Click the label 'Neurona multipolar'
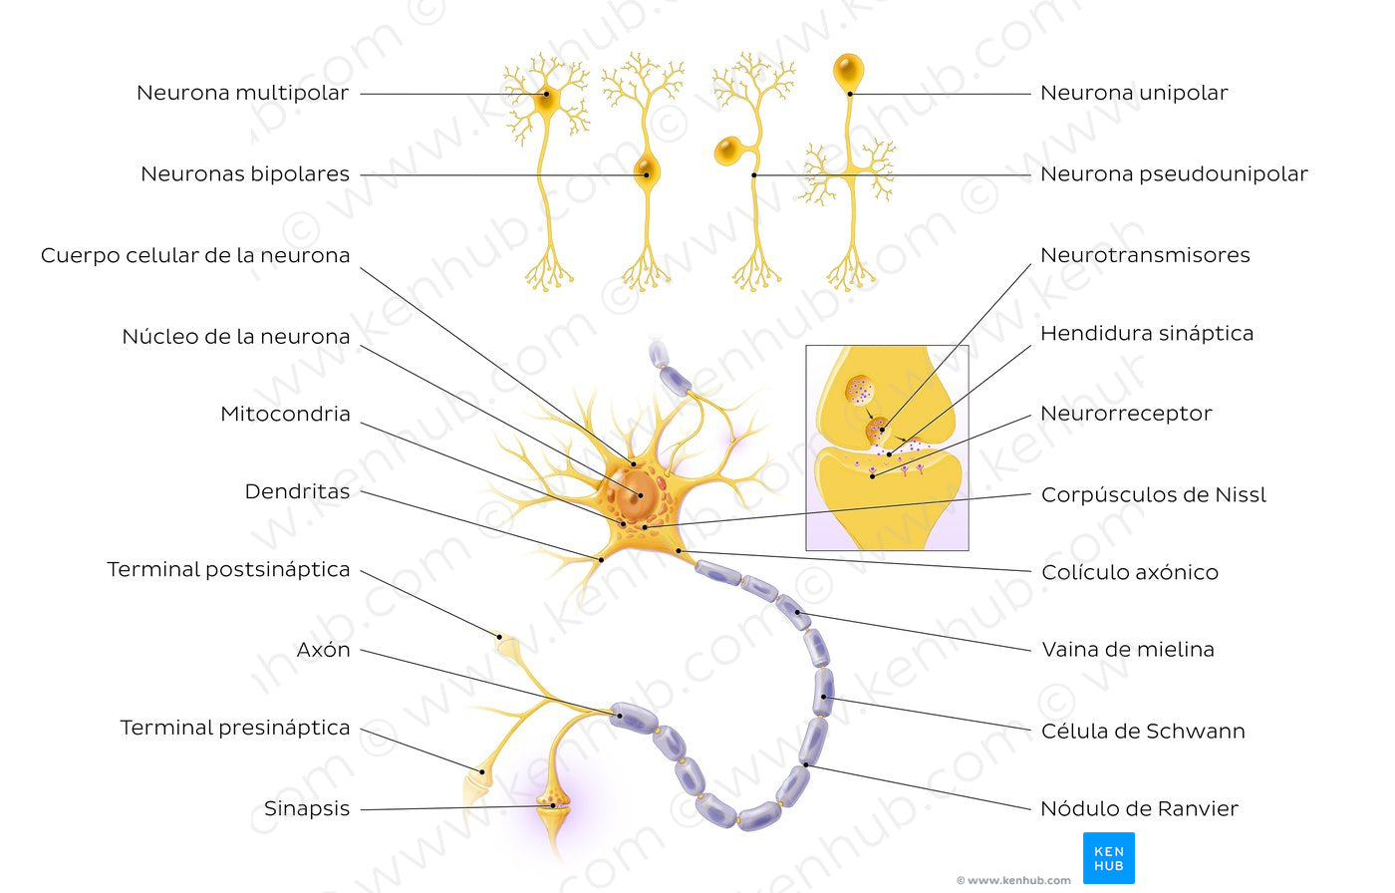[242, 94]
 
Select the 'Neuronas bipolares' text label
[245, 174]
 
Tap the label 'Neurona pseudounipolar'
[1173, 174]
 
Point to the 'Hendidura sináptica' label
[1146, 334]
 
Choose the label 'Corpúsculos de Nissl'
[1153, 495]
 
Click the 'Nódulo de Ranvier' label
[1139, 809]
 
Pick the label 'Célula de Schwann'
[1143, 732]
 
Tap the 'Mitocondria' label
[285, 415]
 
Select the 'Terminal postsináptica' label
[228, 570]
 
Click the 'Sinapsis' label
[307, 809]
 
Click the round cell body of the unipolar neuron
[848, 70]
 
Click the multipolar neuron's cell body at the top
[545, 100]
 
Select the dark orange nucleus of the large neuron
[632, 492]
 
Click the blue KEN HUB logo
[1108, 857]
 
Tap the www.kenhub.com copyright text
[1013, 880]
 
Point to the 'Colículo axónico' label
[1129, 573]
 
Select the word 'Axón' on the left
[323, 651]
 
